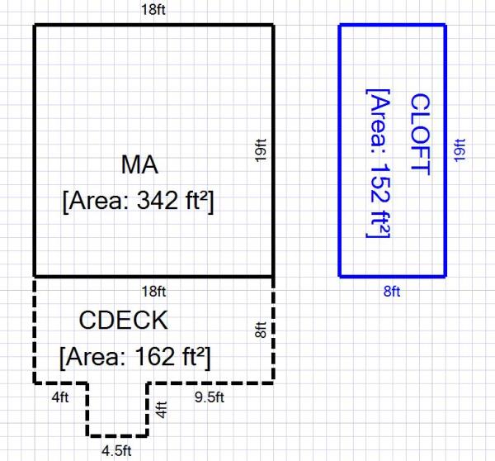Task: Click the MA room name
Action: click(139, 164)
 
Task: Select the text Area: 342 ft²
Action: click(139, 201)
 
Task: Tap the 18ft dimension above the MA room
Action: click(154, 11)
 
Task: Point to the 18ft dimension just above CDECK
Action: click(154, 291)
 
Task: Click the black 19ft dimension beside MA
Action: click(261, 150)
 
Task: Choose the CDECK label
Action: click(124, 320)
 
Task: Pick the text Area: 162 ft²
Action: click(135, 357)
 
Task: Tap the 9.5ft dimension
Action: click(210, 397)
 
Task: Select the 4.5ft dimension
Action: click(116, 450)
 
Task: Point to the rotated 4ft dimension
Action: click(162, 409)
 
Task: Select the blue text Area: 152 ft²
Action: click(378, 164)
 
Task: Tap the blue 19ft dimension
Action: click(460, 150)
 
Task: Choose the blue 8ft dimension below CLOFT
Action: click(392, 291)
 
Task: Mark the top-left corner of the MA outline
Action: click(34, 26)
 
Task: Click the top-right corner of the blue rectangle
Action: click(445, 26)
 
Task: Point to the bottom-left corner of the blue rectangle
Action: click(340, 275)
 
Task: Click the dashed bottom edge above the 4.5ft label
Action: click(117, 435)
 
